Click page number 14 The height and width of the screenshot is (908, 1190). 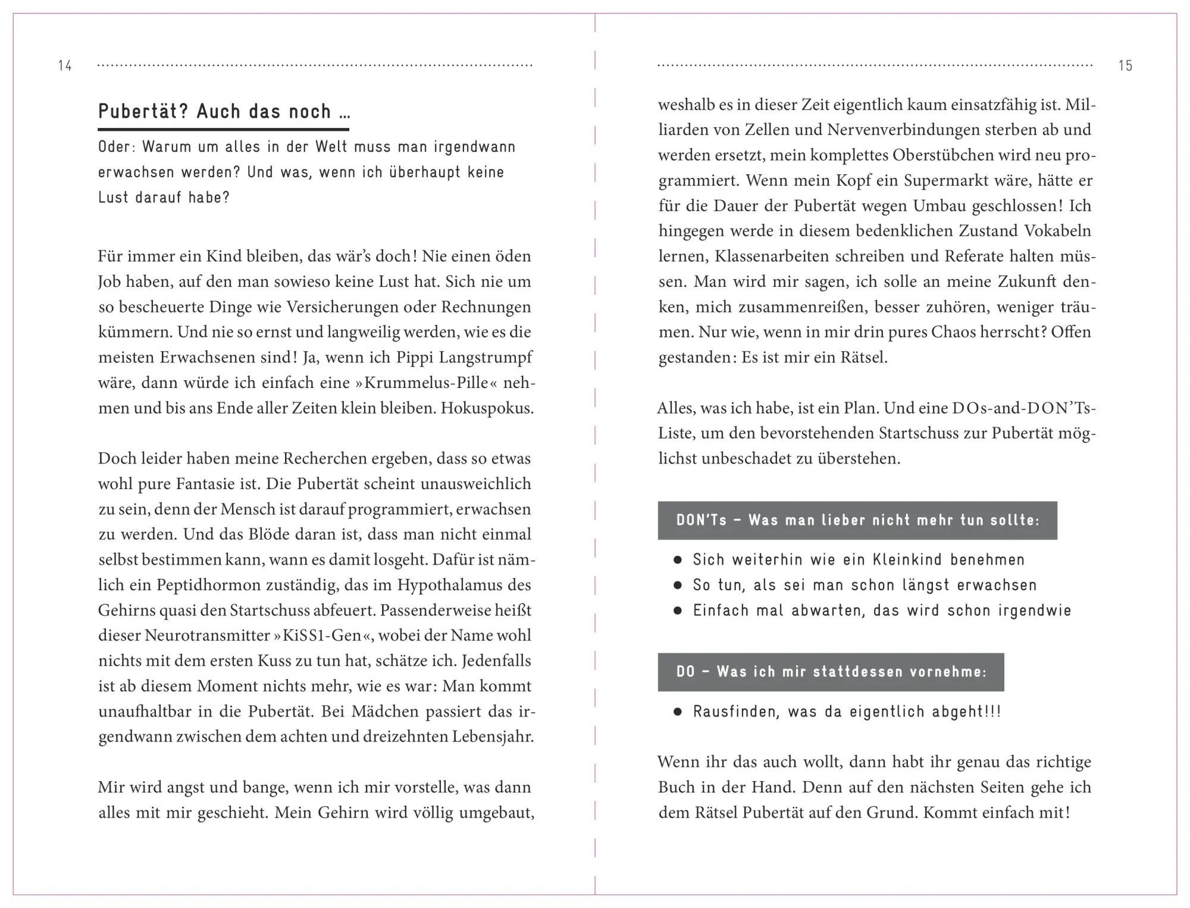point(65,65)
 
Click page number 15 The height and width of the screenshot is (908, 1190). point(1125,65)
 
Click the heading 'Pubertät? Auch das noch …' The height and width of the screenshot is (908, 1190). point(224,112)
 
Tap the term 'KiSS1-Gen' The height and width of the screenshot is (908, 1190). point(322,635)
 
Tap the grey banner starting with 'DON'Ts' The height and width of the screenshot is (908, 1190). point(857,520)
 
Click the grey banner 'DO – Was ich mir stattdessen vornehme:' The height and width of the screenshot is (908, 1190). point(831,672)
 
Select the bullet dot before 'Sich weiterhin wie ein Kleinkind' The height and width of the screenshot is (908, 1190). point(677,560)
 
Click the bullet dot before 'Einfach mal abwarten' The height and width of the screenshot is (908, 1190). point(677,610)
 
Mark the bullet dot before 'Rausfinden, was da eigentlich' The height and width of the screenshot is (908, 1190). point(677,712)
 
